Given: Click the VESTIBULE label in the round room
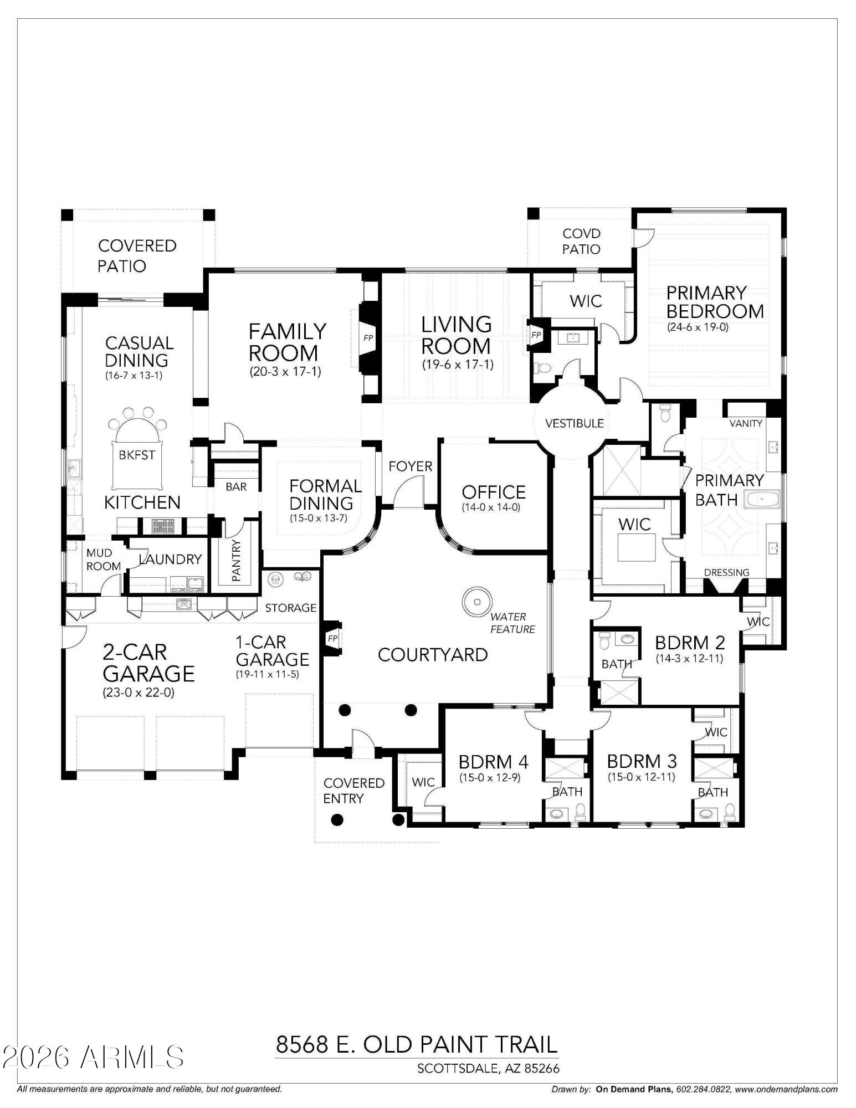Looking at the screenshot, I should pos(574,423).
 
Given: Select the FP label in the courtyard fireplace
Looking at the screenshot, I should pos(332,638).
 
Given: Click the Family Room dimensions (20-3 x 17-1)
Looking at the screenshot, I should pos(285,371).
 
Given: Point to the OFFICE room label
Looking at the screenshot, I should pos(493,492).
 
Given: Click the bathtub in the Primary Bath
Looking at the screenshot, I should pos(762,500).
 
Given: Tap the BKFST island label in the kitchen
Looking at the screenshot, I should pos(137,455).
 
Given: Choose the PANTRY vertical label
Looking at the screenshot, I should pos(237,560).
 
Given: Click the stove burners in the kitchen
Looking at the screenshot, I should pos(163,526).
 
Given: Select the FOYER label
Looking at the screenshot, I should pos(410,466).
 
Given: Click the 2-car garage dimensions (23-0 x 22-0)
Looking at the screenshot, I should pos(139,693).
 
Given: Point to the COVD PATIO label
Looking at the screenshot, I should pos(581,242).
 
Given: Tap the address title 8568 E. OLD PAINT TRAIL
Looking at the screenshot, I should pos(416,1044).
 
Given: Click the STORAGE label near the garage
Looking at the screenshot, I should pos(290,608).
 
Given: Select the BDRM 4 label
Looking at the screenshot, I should pos(493,762).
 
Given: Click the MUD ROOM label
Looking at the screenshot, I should pos(103,560).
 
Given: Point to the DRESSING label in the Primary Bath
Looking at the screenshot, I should pos(726,572).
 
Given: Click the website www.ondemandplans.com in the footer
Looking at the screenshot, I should pos(787,1089).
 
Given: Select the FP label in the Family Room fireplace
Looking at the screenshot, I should pos(368,337).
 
